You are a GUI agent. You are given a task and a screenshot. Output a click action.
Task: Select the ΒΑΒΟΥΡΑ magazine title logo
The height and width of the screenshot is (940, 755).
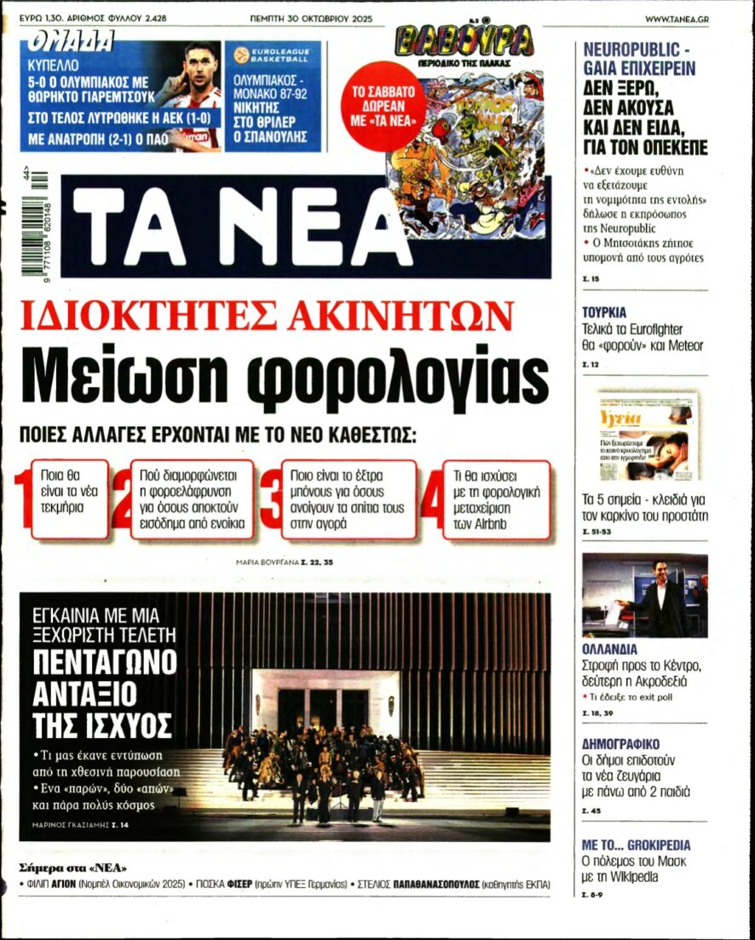(x=464, y=41)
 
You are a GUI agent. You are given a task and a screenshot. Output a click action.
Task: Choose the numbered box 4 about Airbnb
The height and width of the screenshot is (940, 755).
(x=495, y=499)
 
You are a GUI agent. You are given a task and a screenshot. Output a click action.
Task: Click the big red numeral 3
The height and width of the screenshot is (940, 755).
(x=271, y=499)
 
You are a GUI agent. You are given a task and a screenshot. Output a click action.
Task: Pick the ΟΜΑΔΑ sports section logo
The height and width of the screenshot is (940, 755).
(x=72, y=41)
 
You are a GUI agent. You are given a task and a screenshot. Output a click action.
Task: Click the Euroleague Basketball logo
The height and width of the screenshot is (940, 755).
(x=272, y=56)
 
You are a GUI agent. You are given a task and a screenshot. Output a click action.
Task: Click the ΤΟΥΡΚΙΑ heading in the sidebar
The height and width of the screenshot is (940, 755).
(x=604, y=313)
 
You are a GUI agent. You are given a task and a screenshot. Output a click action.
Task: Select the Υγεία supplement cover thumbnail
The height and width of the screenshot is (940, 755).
(x=645, y=435)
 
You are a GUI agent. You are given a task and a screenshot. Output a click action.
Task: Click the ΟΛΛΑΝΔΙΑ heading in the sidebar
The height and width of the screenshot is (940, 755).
(x=610, y=649)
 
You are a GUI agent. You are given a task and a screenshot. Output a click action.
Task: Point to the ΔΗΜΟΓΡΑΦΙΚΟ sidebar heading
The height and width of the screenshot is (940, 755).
(x=620, y=744)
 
